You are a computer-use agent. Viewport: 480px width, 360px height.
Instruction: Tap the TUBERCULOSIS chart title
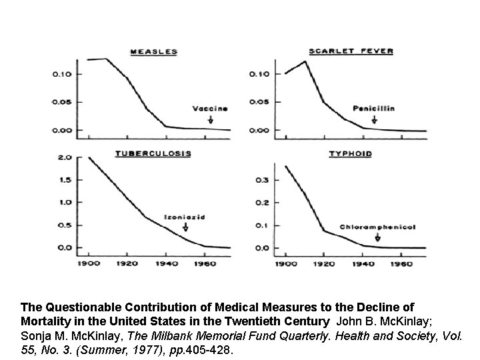(x=153, y=153)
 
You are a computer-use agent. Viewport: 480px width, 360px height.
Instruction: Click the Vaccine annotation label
(x=210, y=109)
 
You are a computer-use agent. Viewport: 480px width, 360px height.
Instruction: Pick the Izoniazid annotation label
(x=185, y=217)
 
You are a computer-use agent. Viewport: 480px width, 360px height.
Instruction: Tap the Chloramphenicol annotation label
(x=377, y=227)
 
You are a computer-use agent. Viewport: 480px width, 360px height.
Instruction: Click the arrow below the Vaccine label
(x=211, y=119)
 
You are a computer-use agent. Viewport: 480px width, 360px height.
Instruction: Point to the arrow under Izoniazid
(x=185, y=228)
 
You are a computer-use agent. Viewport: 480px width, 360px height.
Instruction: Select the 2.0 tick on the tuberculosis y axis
(x=65, y=158)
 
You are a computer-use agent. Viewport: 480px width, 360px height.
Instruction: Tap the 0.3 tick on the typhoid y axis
(x=264, y=180)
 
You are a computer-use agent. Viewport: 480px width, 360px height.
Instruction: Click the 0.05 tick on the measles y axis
(x=63, y=102)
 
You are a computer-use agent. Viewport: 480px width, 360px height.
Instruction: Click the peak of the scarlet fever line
(x=305, y=61)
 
